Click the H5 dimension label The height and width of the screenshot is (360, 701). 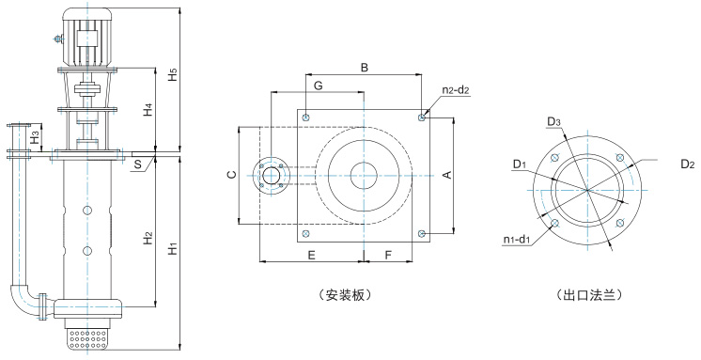(174, 74)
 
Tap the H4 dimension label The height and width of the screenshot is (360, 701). (148, 110)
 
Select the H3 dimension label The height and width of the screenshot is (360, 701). (35, 137)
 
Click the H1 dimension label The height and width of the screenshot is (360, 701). (174, 248)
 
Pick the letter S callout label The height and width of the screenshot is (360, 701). (138, 164)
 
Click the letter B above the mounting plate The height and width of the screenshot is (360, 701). (365, 68)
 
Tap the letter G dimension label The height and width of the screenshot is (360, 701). (318, 86)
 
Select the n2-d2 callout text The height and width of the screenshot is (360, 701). (456, 90)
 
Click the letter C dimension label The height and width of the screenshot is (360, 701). (231, 175)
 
